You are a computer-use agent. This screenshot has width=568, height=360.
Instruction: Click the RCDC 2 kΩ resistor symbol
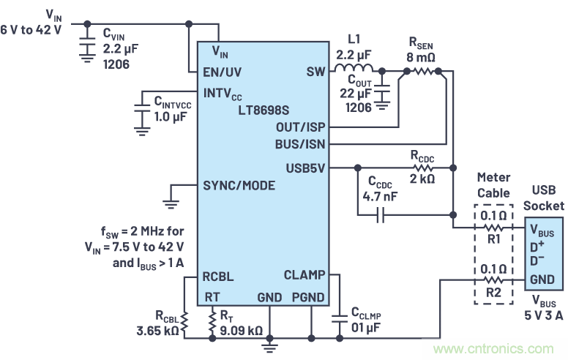(x=425, y=168)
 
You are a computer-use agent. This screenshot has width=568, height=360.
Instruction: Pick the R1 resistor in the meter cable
(x=494, y=228)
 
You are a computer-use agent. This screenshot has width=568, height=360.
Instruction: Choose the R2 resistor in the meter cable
(x=494, y=280)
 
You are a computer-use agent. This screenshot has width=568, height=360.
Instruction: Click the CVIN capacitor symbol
(x=88, y=43)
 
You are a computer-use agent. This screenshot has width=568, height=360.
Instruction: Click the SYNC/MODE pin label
(x=239, y=185)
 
